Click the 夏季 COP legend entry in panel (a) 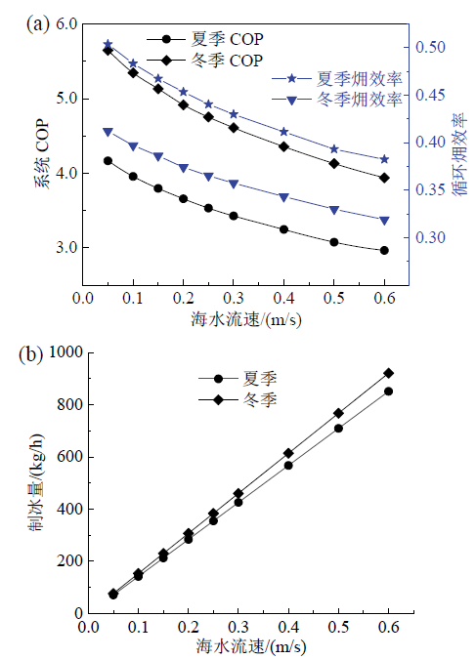[x=205, y=39]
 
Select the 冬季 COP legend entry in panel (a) [x=205, y=61]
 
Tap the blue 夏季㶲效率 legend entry [x=337, y=79]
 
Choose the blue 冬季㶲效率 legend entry [x=337, y=100]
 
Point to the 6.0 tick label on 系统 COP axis [x=66, y=24]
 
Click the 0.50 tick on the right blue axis [x=430, y=47]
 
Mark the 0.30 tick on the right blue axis [x=430, y=237]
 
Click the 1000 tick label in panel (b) [x=65, y=351]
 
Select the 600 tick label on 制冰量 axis [x=69, y=457]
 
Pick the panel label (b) [x=31, y=354]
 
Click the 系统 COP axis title [x=42, y=154]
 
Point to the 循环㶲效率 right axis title [x=460, y=154]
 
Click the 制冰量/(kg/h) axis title [x=36, y=481]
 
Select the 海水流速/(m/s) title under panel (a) [x=245, y=320]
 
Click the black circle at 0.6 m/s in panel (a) [x=384, y=251]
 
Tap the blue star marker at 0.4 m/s [x=284, y=132]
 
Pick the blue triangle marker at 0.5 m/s [x=334, y=210]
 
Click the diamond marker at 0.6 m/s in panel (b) [x=389, y=373]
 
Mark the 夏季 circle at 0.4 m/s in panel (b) [x=288, y=466]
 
